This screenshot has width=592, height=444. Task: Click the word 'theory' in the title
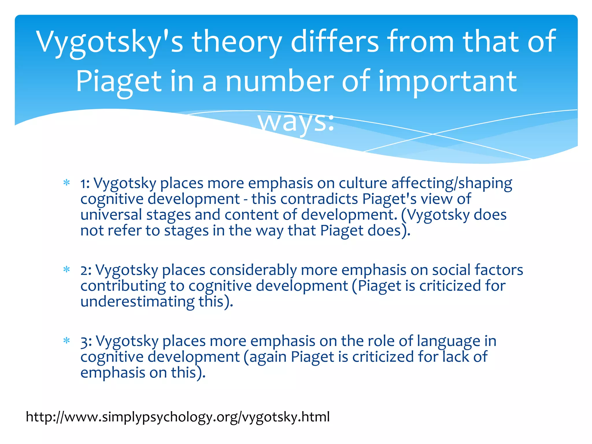click(x=237, y=42)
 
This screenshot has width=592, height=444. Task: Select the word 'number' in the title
click(x=279, y=82)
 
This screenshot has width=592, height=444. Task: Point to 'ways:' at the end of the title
click(x=296, y=121)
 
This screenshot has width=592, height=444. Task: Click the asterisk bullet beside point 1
click(x=67, y=183)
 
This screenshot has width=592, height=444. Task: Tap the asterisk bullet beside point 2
click(x=67, y=270)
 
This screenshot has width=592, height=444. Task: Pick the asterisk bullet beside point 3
click(x=67, y=341)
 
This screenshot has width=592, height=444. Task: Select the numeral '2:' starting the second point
click(x=86, y=270)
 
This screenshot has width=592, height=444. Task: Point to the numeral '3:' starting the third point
click(x=86, y=341)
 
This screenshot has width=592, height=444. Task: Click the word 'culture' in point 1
click(x=363, y=183)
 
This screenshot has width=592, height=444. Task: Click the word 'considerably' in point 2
click(x=253, y=270)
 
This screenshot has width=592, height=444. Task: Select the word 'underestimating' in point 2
click(x=137, y=301)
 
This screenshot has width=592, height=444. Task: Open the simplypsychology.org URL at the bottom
click(x=178, y=417)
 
